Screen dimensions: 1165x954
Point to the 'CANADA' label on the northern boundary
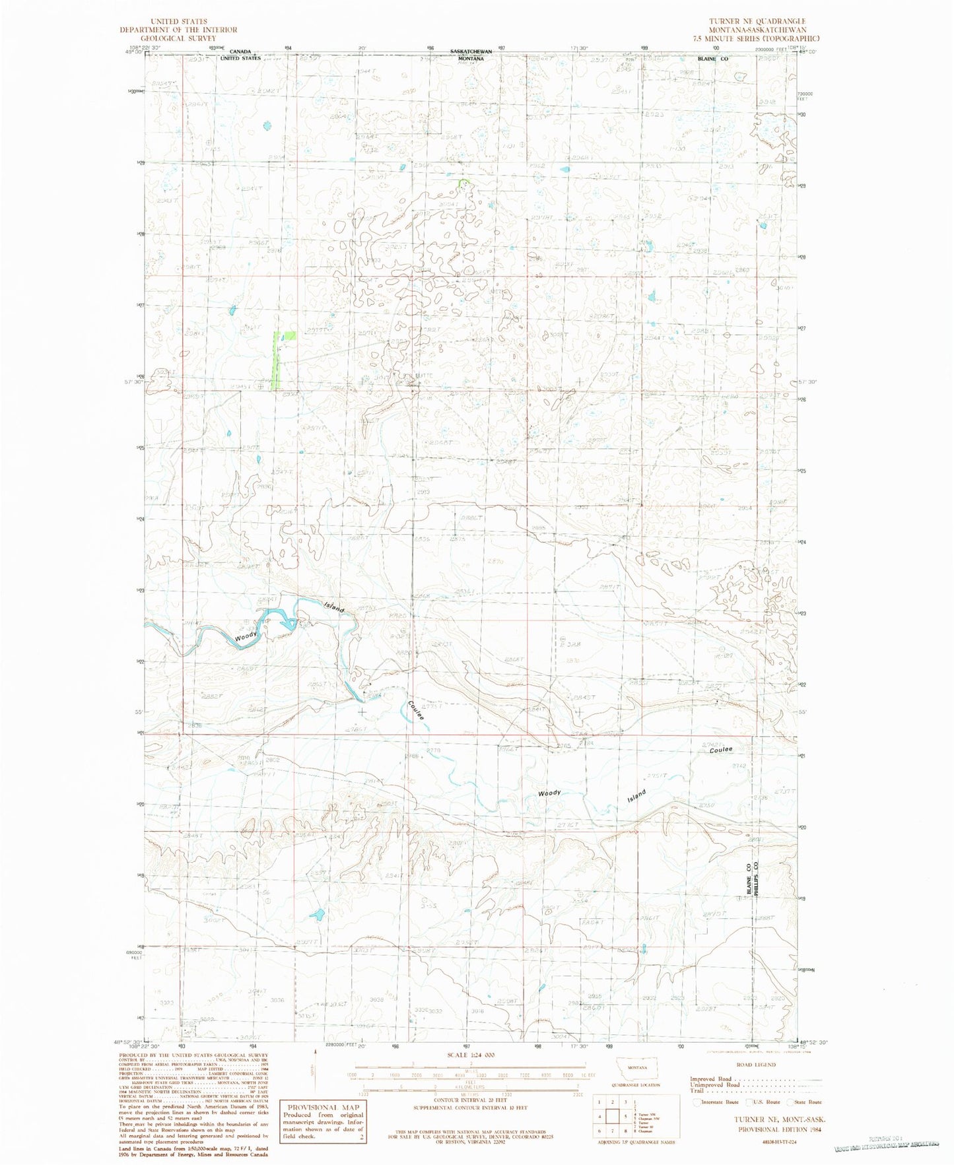tap(240, 51)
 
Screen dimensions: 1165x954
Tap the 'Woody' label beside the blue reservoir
tap(246, 638)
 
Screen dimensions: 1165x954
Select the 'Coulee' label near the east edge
tap(721, 750)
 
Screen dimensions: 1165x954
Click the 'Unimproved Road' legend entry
tap(715, 1084)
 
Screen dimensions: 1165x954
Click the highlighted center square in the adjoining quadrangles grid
tap(615, 1117)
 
